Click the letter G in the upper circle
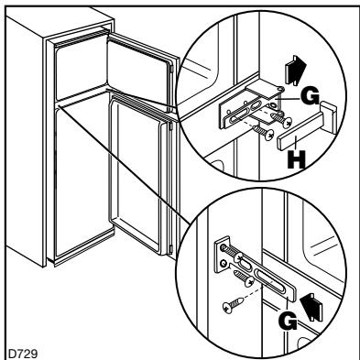tap(310, 97)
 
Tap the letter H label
tap(296, 160)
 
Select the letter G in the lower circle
tap(288, 322)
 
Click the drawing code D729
tap(23, 354)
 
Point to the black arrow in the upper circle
tap(295, 70)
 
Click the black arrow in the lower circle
tap(311, 307)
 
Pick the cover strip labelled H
tap(306, 125)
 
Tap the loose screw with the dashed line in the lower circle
tap(233, 306)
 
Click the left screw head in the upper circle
tap(269, 135)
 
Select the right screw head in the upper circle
tap(287, 123)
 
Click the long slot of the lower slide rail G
tap(273, 281)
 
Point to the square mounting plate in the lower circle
tap(222, 255)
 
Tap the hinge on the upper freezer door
tap(173, 70)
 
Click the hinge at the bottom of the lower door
tap(171, 249)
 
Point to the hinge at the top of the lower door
tap(171, 126)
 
